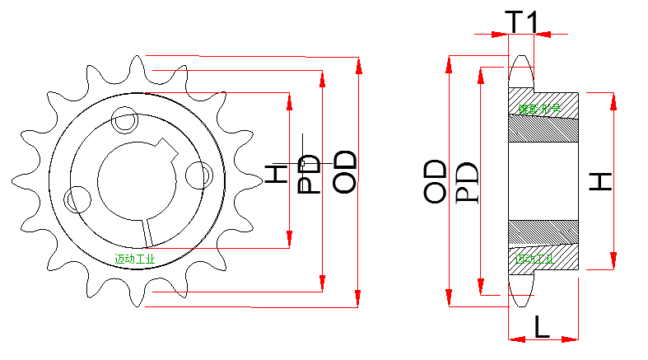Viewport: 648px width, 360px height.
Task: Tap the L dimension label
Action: pos(542,326)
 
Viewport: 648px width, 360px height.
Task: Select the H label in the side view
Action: pos(603,181)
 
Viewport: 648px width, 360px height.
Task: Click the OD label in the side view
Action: pos(436,181)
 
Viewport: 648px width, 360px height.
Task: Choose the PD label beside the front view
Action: pos(309,173)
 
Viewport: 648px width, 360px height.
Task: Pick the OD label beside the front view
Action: pos(345,171)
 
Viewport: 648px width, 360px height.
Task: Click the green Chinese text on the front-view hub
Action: pos(135,259)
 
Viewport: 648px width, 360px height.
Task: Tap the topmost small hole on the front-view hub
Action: pos(126,120)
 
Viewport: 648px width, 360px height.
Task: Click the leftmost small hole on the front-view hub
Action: pos(77,199)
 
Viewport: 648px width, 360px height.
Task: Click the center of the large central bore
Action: pos(137,180)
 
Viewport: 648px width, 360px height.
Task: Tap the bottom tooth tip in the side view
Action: pos(520,302)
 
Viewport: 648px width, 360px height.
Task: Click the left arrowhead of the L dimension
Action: pos(513,338)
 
